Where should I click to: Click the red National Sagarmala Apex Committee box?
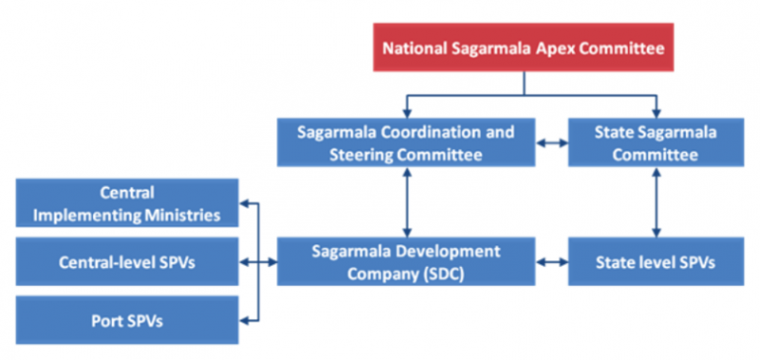[523, 45]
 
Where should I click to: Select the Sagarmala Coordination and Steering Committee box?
[406, 141]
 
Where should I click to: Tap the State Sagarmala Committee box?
[654, 141]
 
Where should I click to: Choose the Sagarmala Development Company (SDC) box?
[406, 262]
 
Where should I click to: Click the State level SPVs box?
[654, 262]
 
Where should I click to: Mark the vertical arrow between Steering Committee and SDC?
[406, 202]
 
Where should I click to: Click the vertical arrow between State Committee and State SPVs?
[654, 202]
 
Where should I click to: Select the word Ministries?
[182, 212]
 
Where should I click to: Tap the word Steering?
[360, 153]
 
